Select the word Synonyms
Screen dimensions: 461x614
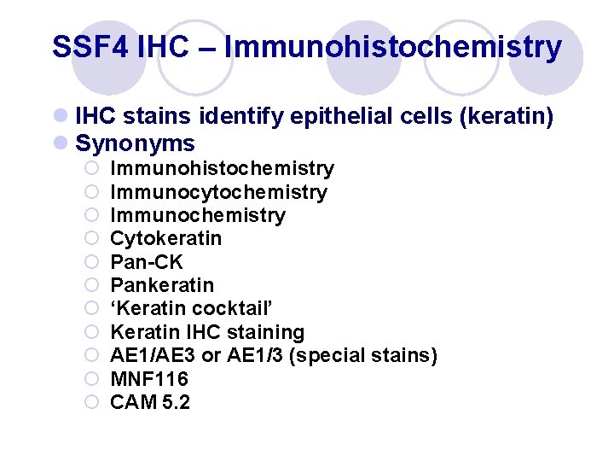pyautogui.click(x=136, y=143)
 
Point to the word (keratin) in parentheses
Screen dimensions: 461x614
pyautogui.click(x=507, y=117)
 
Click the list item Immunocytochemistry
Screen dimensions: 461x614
pyautogui.click(x=218, y=192)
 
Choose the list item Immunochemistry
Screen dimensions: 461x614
pyautogui.click(x=198, y=215)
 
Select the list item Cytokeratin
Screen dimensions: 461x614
pyautogui.click(x=165, y=238)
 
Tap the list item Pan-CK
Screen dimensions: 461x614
pyautogui.click(x=147, y=262)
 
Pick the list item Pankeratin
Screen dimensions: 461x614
pyautogui.click(x=162, y=285)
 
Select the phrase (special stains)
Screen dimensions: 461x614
pyautogui.click(x=363, y=355)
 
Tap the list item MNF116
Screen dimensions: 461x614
pyautogui.click(x=149, y=378)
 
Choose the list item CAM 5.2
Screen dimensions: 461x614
pyautogui.click(x=150, y=401)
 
